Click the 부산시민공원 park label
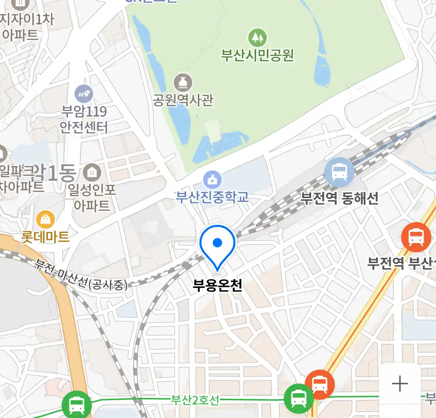(x=257, y=55)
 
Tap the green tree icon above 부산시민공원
(x=257, y=38)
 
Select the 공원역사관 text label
(x=183, y=100)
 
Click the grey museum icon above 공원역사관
(x=183, y=82)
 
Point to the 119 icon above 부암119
(x=84, y=94)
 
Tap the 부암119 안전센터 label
(x=84, y=119)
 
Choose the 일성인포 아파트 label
(x=92, y=197)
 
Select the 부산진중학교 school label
(x=212, y=197)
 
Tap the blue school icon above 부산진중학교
(x=212, y=180)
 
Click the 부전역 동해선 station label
(x=339, y=198)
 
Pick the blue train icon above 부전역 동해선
(x=339, y=172)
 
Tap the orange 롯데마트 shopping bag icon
(x=45, y=220)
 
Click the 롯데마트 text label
(x=46, y=236)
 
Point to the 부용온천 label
(x=217, y=285)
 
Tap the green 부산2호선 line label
(x=195, y=399)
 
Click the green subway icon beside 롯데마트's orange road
(x=77, y=405)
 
